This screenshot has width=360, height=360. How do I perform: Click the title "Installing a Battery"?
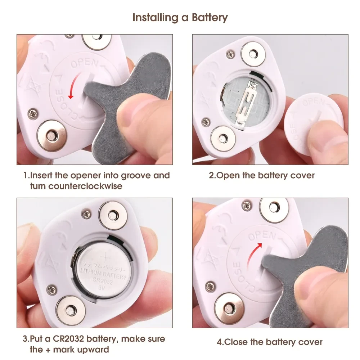pos(180,17)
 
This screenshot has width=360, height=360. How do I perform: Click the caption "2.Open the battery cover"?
pos(262,176)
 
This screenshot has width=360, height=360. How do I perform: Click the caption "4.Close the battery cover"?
pos(269,342)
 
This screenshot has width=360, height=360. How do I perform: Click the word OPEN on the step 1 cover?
pos(84,63)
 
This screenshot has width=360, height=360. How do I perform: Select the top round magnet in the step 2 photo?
pos(253,53)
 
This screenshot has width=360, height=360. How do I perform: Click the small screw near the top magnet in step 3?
pos(86,215)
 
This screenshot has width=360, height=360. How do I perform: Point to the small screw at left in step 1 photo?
pos(32,113)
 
